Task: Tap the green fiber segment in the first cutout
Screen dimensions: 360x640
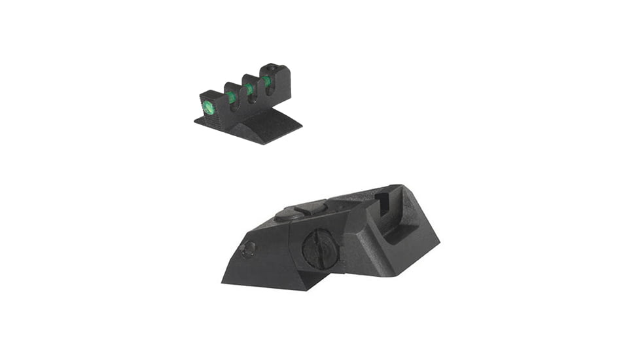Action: tap(231, 97)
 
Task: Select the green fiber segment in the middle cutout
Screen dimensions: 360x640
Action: tap(250, 89)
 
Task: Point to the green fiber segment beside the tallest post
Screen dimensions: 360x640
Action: tap(266, 82)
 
